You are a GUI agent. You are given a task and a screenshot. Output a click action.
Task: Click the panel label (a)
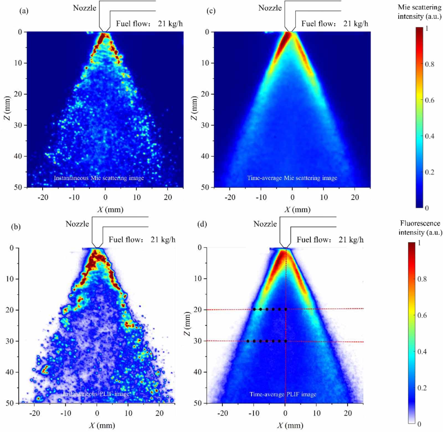[24, 11]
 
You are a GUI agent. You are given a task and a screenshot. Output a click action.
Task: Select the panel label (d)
[202, 224]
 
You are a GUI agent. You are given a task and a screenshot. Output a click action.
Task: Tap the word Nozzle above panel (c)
[270, 8]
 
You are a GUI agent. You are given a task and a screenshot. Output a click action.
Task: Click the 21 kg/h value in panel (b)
[163, 239]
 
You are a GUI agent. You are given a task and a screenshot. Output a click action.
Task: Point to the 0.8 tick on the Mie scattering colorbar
[429, 64]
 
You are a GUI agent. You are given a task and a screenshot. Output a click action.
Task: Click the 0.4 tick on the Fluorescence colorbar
[422, 352]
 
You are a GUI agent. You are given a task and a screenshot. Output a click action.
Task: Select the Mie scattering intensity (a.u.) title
[419, 12]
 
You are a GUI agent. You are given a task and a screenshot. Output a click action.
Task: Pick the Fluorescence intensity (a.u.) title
[420, 228]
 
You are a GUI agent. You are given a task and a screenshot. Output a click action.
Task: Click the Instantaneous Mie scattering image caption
[99, 178]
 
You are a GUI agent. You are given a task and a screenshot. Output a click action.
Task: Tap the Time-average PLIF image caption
[283, 394]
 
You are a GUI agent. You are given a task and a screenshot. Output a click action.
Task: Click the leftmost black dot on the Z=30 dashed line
[248, 341]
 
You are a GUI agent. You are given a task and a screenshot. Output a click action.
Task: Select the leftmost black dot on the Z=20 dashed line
[254, 309]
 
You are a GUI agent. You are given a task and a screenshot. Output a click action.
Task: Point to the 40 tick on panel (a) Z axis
[18, 156]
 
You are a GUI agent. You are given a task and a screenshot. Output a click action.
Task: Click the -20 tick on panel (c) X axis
[230, 197]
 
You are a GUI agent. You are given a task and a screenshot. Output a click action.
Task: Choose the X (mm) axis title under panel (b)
[102, 425]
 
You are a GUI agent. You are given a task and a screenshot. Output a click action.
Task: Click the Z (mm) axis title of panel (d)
[187, 323]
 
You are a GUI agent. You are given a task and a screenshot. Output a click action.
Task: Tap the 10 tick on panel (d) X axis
[316, 413]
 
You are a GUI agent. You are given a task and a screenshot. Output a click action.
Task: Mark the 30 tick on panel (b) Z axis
[10, 341]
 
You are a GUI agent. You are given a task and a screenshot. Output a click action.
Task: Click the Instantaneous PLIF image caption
[96, 394]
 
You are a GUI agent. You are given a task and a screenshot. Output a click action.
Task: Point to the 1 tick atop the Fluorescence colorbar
[419, 243]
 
